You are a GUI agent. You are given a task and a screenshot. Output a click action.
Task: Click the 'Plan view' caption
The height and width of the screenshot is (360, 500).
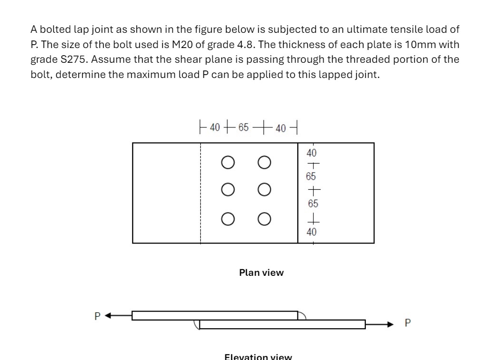[x=261, y=272]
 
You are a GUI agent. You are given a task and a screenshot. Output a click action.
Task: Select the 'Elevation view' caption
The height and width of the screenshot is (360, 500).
[x=258, y=357]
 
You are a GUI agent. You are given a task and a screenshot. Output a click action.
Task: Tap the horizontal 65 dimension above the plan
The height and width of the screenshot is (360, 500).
[x=244, y=128]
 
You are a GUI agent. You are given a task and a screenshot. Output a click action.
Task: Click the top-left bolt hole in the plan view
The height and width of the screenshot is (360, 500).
[x=227, y=163]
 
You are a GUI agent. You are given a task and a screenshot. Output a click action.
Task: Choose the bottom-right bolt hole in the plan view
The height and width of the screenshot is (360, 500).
[x=265, y=219]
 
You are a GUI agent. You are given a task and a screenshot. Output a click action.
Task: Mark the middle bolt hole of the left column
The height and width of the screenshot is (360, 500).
[x=227, y=191]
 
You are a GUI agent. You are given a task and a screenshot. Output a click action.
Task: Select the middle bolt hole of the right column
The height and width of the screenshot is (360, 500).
[x=265, y=191]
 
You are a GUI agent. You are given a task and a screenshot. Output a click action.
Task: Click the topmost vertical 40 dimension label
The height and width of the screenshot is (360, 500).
[x=312, y=153]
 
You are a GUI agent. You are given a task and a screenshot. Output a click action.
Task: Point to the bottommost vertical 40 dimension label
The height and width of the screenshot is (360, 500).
[x=312, y=232]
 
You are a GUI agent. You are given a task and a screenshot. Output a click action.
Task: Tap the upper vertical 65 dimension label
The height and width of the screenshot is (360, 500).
[x=311, y=176]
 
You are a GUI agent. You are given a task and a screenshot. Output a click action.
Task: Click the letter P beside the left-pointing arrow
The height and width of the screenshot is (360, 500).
[x=97, y=316]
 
